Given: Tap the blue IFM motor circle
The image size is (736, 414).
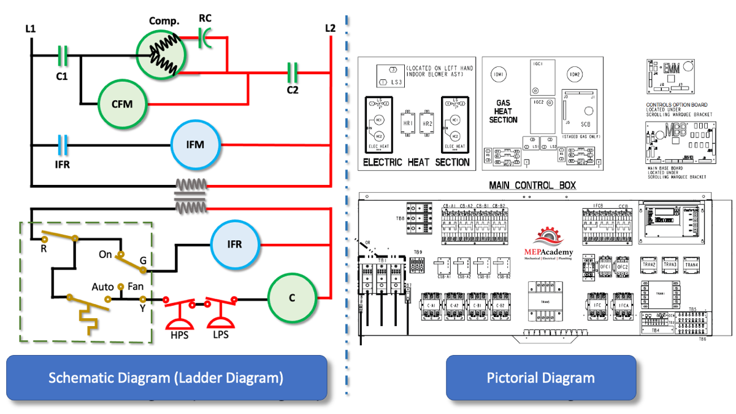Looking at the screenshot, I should click(x=195, y=145).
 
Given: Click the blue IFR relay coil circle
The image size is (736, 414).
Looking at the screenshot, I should click(x=235, y=244).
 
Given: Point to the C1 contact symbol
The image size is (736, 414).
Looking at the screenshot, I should click(x=61, y=56).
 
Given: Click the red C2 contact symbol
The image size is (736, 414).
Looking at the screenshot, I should click(x=293, y=72).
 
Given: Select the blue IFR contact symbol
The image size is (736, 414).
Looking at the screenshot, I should click(x=61, y=145).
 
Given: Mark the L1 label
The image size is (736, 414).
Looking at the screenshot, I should click(x=31, y=28).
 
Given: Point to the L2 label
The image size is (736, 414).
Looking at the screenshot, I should click(x=331, y=28).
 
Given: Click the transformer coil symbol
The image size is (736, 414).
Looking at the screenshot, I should click(x=191, y=197).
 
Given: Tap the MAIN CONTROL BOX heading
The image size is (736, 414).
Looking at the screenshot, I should click(x=532, y=186).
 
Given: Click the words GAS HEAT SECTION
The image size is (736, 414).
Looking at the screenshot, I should click(x=504, y=112).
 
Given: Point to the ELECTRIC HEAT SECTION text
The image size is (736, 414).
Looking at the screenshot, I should click(x=416, y=163).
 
